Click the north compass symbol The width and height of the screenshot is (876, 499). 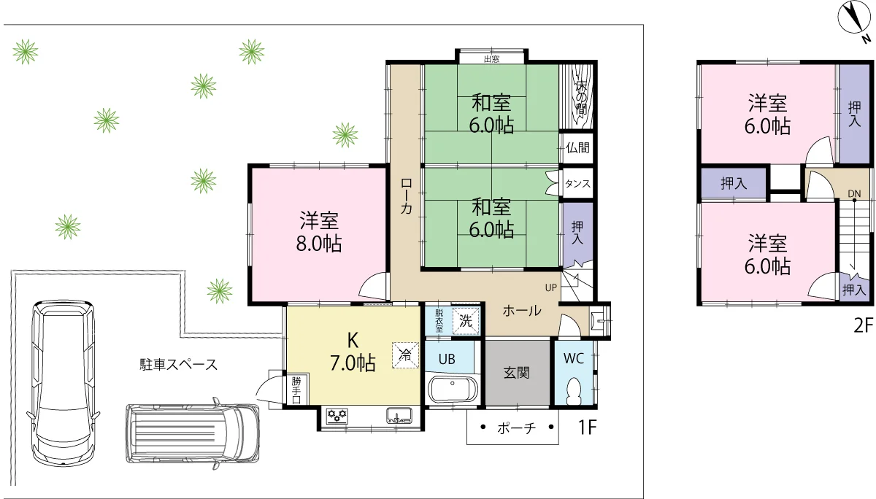[853, 19]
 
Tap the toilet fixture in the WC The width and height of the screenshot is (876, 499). [575, 392]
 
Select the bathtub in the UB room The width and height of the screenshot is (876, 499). [453, 389]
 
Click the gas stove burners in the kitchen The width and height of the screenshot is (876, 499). [337, 415]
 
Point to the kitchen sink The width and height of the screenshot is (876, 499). [399, 415]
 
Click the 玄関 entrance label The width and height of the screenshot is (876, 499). [517, 373]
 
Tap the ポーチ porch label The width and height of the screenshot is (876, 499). [516, 428]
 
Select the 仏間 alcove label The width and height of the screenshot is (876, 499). [577, 147]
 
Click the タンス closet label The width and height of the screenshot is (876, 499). [577, 183]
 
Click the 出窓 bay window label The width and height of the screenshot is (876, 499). [491, 59]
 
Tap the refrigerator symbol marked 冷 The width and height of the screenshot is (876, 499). [406, 355]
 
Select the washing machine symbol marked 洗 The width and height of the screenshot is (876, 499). [466, 321]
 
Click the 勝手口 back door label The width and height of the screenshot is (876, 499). [296, 390]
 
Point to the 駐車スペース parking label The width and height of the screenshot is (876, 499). [178, 364]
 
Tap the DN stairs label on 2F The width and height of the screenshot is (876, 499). [855, 193]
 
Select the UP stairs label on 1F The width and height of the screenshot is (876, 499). [550, 288]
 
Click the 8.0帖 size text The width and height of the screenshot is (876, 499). [319, 243]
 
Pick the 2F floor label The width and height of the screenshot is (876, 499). [863, 325]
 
